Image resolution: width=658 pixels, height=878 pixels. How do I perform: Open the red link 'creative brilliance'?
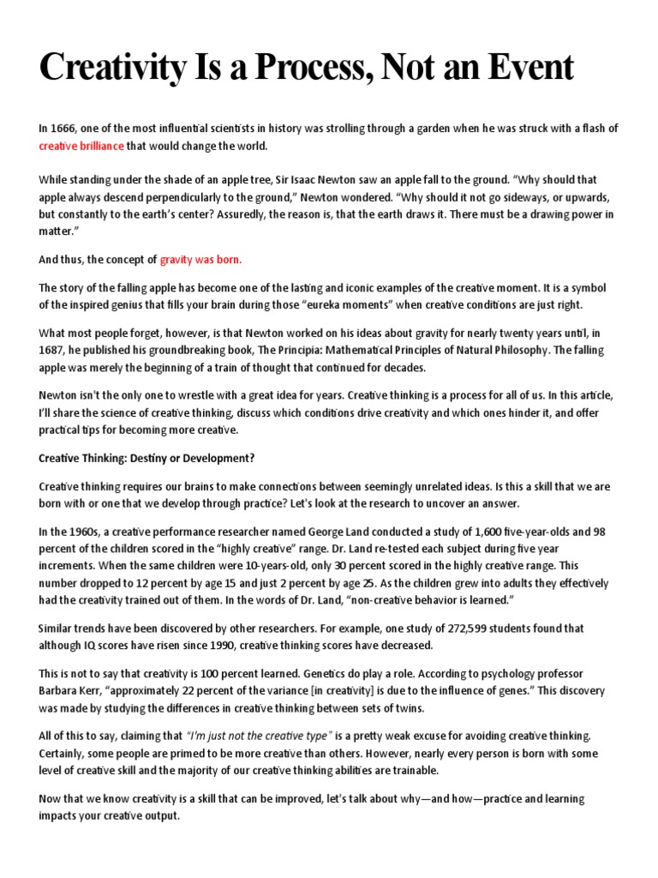(81, 146)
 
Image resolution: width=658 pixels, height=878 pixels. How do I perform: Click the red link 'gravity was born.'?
(201, 259)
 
